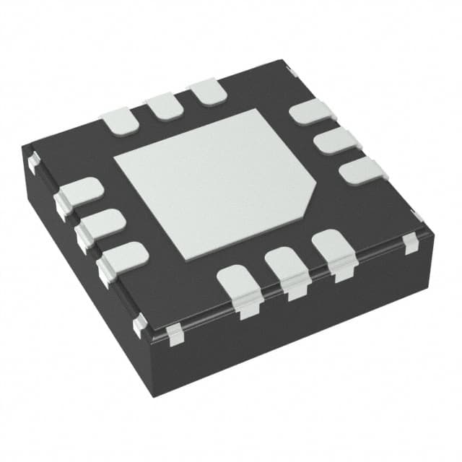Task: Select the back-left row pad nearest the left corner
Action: click(120, 121)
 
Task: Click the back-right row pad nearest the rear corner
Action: click(311, 113)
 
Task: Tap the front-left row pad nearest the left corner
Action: click(80, 193)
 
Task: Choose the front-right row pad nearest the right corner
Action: click(333, 250)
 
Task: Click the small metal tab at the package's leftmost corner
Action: click(32, 162)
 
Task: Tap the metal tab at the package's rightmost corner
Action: click(412, 242)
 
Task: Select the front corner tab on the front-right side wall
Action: click(173, 334)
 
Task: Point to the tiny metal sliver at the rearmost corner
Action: click(293, 70)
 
